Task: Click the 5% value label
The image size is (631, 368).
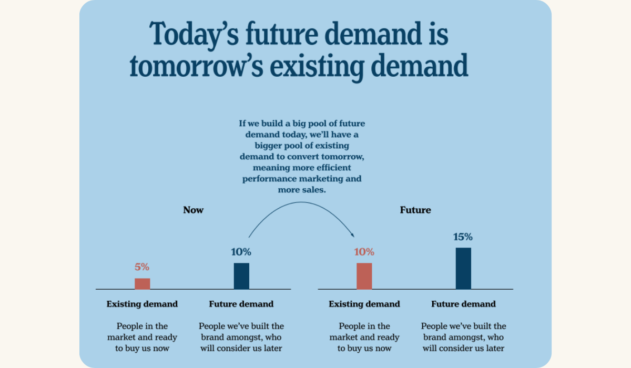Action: pos(142,267)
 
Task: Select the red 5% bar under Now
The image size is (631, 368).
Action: pos(142,284)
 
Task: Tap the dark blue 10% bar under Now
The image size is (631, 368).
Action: pos(241,276)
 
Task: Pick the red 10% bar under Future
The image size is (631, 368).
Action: pos(364,276)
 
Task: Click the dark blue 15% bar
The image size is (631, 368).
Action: pos(463,268)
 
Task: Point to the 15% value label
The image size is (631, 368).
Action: pos(463,237)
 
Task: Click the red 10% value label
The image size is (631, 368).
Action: pos(364,252)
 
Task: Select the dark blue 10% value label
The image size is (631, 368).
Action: pos(241,252)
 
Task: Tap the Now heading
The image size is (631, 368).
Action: pos(193,210)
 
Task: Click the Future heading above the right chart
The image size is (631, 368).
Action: pos(415,210)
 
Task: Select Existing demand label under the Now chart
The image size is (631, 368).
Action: pos(142,304)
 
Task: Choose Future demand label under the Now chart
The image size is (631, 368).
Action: pos(241,304)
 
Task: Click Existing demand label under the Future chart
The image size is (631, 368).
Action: pos(364,304)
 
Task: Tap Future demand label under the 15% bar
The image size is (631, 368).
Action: pos(463,304)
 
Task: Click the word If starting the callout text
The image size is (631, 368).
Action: pos(242,124)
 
